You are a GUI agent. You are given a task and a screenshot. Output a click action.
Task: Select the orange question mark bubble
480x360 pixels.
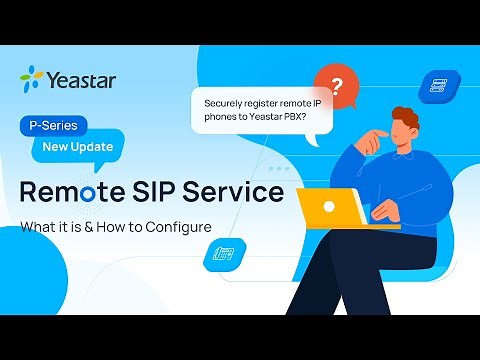(x=336, y=86)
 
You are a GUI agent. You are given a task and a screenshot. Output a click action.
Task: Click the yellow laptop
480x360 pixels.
(x=333, y=207)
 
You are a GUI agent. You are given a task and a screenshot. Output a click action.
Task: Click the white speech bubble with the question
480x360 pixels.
(x=255, y=111)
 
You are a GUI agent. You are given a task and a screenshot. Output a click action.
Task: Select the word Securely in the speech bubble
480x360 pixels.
(x=227, y=104)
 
